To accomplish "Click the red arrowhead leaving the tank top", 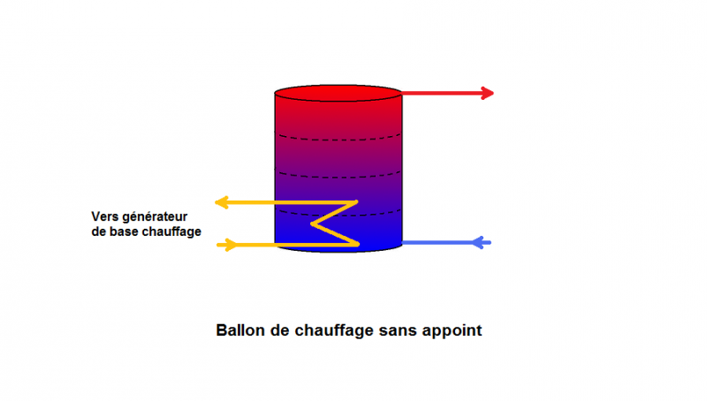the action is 488,94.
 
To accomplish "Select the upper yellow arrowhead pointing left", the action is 222,202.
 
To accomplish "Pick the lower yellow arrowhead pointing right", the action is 231,246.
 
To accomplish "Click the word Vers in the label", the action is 105,216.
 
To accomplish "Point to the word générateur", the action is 155,217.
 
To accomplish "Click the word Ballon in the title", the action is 241,330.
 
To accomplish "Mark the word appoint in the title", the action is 452,331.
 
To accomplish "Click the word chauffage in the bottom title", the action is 335,330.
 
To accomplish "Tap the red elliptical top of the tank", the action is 338,93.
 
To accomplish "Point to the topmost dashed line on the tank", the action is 338,139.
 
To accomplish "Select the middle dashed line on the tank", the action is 338,176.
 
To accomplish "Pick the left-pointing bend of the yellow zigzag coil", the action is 312,224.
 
